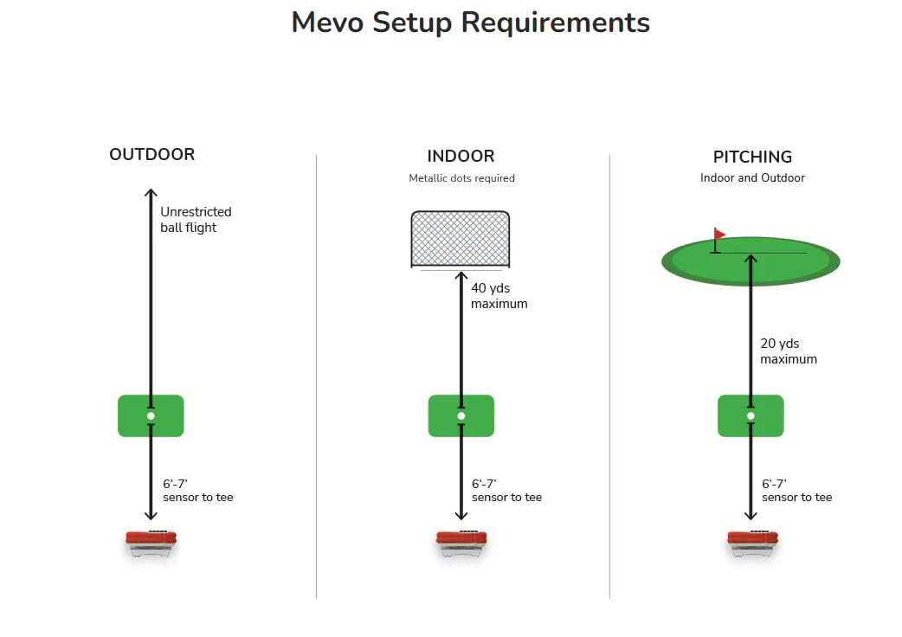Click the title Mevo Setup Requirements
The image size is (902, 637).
click(470, 23)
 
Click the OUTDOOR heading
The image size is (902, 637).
click(151, 155)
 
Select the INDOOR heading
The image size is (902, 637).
click(461, 157)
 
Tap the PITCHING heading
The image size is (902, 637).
click(752, 157)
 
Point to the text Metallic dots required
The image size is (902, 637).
click(461, 178)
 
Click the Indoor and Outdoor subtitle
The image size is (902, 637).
click(752, 178)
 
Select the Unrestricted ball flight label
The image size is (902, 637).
click(196, 220)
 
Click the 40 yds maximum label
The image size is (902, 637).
click(499, 296)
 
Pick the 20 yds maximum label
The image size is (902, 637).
click(788, 351)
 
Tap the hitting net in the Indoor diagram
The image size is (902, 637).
click(461, 239)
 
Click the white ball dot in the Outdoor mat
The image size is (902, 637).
click(151, 416)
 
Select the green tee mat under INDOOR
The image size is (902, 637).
click(461, 416)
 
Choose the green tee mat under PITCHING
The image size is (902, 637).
click(751, 416)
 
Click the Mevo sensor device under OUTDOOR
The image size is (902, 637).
click(151, 542)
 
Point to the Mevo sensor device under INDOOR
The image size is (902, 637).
click(461, 542)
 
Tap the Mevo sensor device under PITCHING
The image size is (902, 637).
click(751, 542)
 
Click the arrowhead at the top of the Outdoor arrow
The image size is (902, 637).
click(151, 193)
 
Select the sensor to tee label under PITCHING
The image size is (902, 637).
click(796, 491)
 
